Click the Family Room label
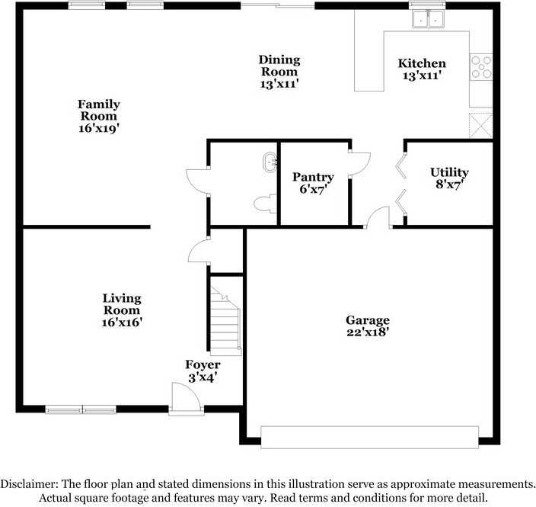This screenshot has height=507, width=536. click(99, 116)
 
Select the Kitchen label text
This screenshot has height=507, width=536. click(422, 63)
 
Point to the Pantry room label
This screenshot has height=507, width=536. click(314, 177)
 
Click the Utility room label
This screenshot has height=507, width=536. click(449, 172)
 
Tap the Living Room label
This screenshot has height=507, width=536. click(122, 304)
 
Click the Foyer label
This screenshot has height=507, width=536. click(203, 365)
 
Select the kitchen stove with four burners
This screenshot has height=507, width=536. click(480, 67)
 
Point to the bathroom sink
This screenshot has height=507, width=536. click(270, 162)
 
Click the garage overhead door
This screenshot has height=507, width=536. click(369, 437)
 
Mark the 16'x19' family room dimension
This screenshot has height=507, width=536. click(99, 129)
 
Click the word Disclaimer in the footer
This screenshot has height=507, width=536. click(27, 484)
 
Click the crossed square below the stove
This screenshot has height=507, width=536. click(481, 124)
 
